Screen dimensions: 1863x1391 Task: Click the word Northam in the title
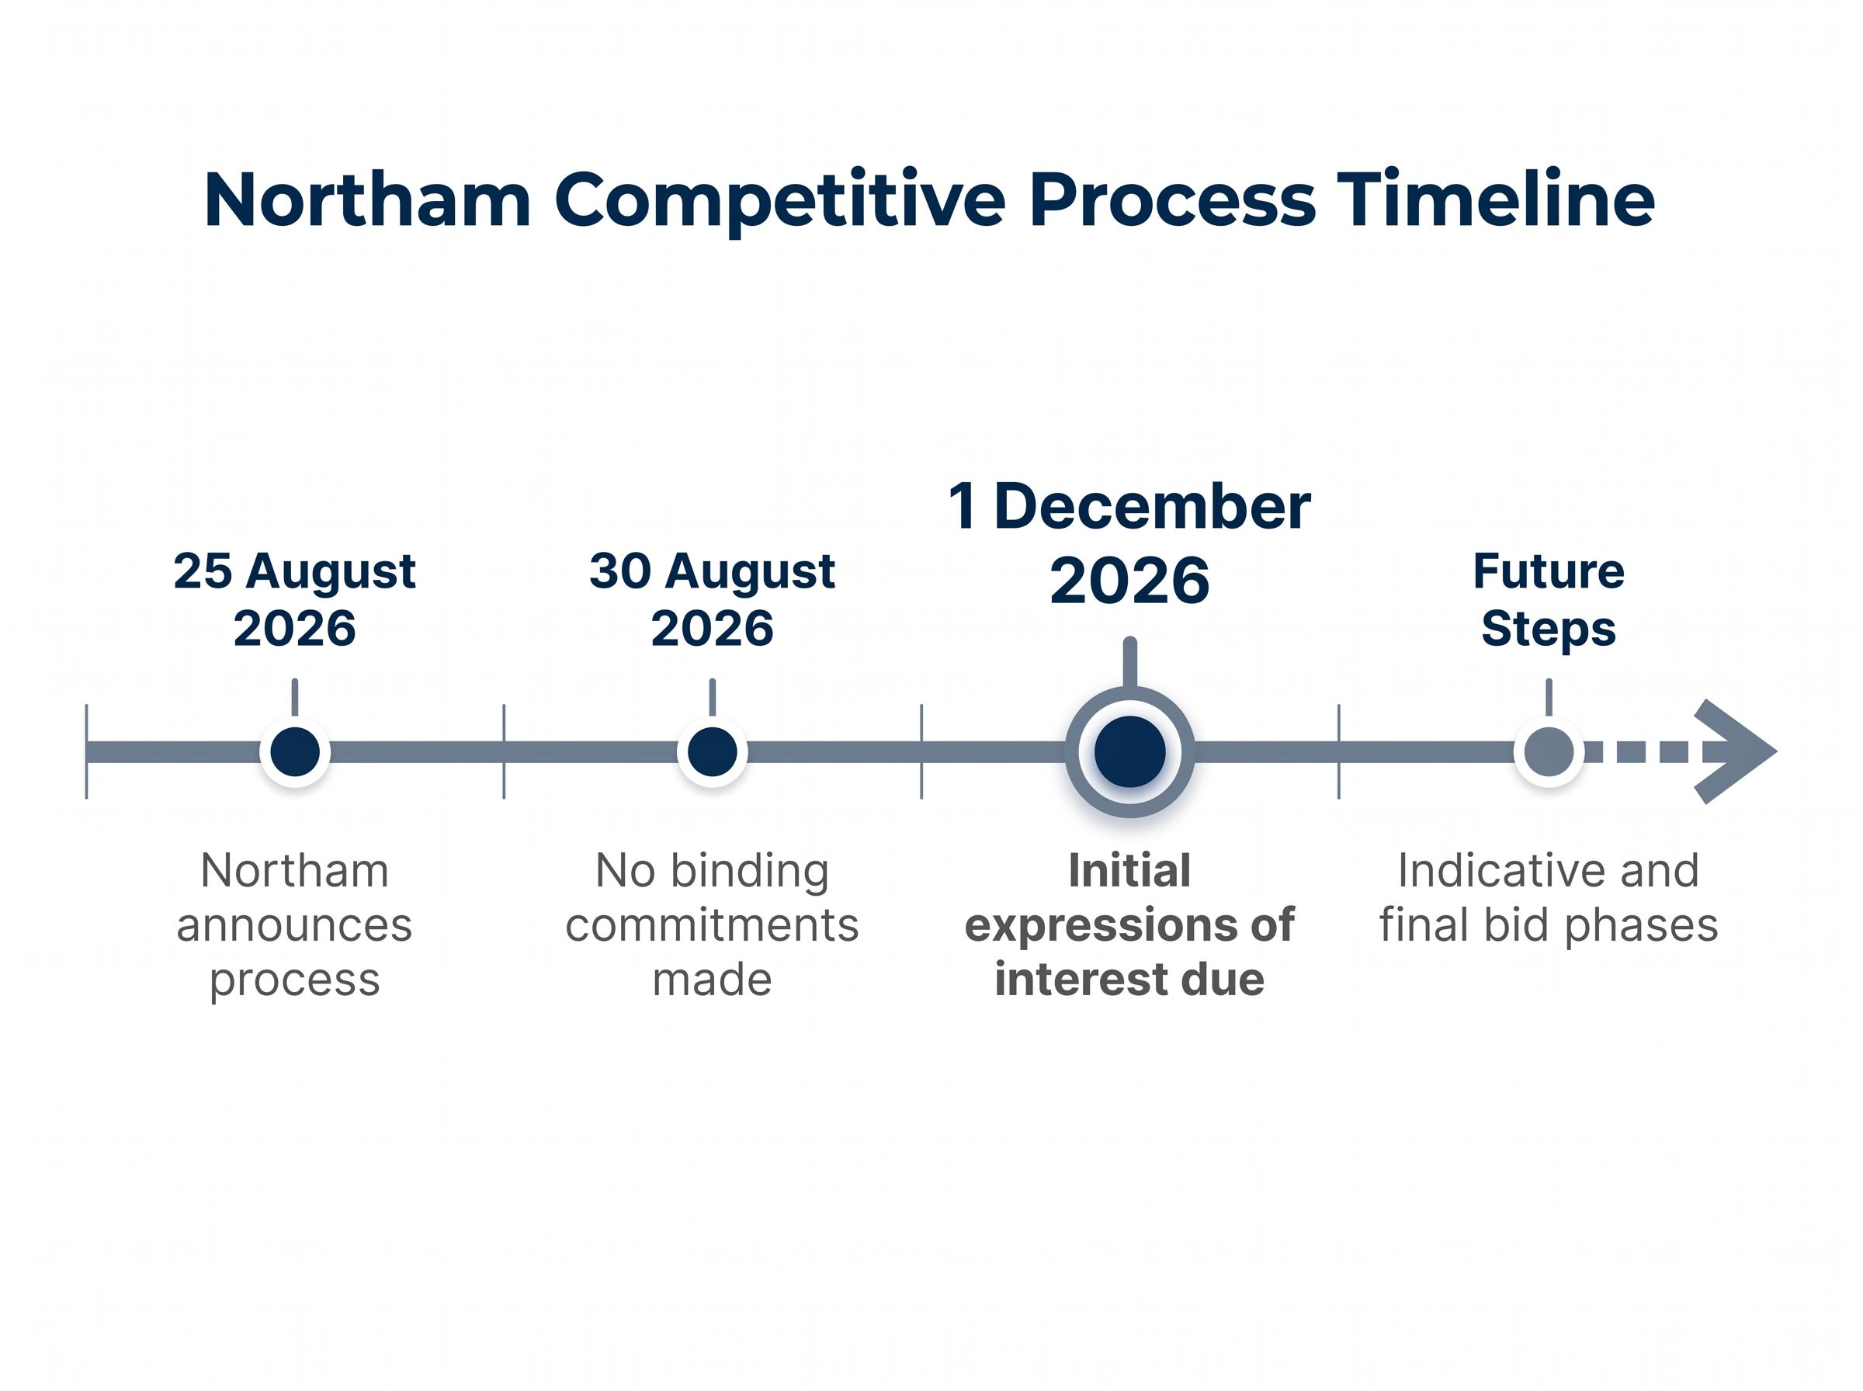coord(367,199)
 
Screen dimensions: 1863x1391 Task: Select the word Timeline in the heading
coord(1496,199)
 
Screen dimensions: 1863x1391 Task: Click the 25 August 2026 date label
coord(295,599)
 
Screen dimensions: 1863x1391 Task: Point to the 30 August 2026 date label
coord(712,599)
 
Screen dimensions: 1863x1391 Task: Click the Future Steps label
coord(1548,599)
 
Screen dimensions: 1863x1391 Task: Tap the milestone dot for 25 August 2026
coord(295,752)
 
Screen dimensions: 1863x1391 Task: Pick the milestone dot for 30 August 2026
coord(712,752)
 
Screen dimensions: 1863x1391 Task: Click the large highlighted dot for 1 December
coord(1129,752)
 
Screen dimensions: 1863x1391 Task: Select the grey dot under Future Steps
coord(1548,752)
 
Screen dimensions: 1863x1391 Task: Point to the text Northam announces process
coord(295,924)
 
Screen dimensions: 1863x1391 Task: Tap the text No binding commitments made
coord(712,924)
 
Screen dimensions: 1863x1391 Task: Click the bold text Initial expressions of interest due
coord(1129,924)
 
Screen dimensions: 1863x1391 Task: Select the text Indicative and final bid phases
coord(1548,897)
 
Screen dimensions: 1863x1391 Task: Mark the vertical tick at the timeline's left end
coord(87,751)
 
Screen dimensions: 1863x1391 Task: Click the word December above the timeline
coord(1153,508)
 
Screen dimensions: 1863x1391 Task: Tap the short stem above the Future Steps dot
coord(1548,698)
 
